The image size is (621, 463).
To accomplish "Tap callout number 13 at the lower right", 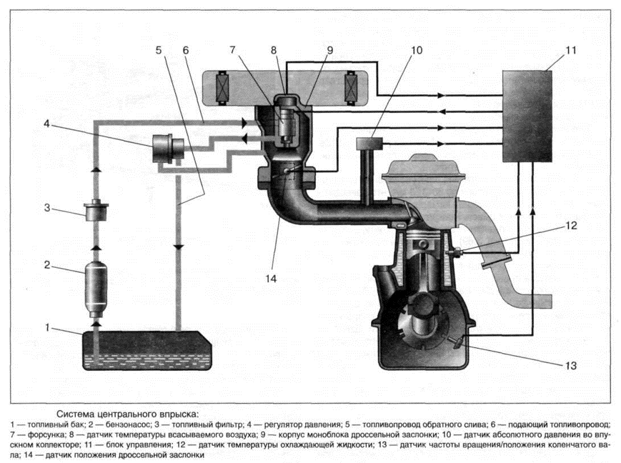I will (568, 365).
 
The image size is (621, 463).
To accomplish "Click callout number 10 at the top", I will (417, 51).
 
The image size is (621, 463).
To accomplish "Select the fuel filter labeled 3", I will (94, 212).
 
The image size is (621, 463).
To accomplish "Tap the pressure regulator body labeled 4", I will (169, 148).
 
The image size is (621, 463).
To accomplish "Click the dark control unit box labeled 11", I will (530, 114).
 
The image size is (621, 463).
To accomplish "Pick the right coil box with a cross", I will (351, 88).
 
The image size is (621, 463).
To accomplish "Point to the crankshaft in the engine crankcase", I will (422, 318).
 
